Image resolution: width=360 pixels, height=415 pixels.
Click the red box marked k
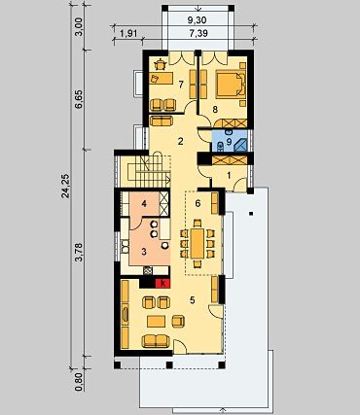coord(162,283)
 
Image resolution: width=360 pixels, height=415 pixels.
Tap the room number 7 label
coord(181,85)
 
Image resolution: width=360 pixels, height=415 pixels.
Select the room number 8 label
coord(215,110)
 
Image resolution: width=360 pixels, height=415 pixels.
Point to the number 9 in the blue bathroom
coord(229,141)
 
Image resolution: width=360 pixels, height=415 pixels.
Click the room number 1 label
coord(229,176)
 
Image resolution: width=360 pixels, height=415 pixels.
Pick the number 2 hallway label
coord(181,141)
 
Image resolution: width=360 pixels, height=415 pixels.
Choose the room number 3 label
coord(144,251)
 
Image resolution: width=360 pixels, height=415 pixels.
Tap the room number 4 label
coord(144,204)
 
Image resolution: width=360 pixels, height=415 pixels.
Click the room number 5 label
coord(192,300)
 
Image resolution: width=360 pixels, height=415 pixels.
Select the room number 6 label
coord(198,203)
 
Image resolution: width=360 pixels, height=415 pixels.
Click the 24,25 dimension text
coord(65,186)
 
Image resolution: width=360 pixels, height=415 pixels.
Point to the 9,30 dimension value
coord(197,20)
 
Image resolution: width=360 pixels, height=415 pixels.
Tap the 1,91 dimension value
coord(128,33)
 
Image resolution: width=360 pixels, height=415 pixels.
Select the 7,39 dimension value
coord(198,33)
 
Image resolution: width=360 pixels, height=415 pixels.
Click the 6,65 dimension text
coord(80,99)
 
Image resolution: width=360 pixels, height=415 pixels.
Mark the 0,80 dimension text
coord(79,382)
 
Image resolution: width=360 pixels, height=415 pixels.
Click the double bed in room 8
coord(231,84)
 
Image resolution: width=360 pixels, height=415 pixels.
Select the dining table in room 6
coord(198,244)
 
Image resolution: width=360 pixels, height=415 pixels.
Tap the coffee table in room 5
coord(157,321)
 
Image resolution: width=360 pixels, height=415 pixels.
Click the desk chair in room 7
coord(160,64)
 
